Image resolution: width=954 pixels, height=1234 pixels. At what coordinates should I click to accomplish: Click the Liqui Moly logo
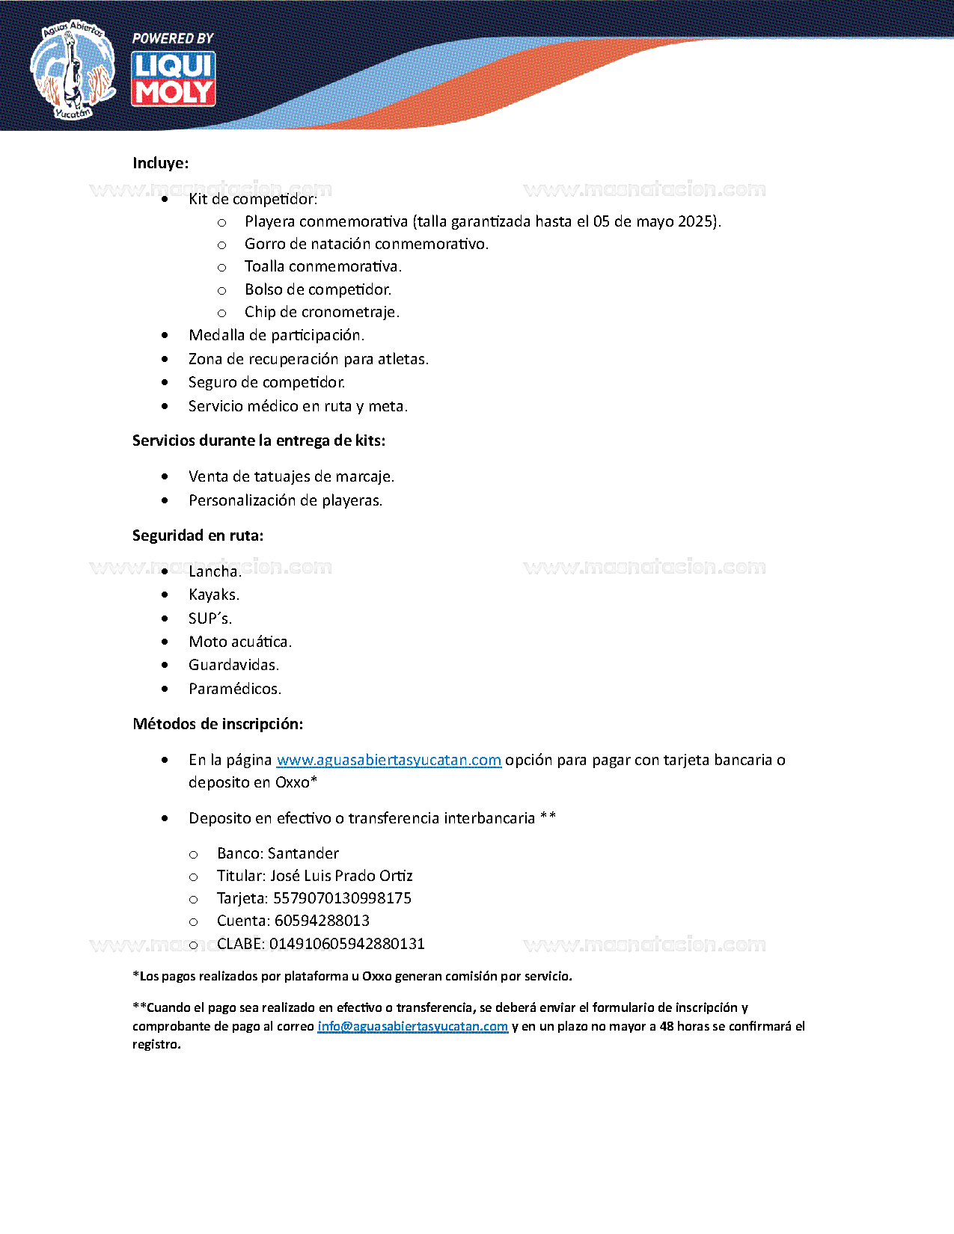174,79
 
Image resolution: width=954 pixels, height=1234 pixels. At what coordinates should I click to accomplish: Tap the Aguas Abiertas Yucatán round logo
73,70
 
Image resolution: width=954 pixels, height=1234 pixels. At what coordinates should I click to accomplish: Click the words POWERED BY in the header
173,38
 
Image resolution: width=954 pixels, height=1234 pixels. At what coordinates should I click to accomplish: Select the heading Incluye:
160,163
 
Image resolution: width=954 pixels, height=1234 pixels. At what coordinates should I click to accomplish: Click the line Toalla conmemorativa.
322,266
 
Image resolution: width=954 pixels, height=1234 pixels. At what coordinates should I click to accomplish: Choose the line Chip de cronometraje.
322,312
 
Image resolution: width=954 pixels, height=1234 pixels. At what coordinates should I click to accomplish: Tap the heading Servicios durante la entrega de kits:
259,441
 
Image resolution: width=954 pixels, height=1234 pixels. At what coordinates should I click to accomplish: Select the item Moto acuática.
239,642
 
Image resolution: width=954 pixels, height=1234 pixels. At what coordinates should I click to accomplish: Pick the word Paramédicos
234,689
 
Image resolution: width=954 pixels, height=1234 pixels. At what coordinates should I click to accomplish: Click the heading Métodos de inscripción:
218,724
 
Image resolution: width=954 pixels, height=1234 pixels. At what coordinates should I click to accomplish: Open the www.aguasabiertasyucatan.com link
388,760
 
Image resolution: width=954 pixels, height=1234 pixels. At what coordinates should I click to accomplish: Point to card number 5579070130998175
342,898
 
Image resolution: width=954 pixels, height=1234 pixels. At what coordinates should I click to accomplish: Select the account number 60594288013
322,921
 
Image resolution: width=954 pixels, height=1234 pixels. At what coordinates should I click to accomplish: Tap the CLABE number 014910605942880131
346,944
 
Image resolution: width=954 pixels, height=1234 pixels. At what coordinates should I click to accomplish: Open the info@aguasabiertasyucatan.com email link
412,1026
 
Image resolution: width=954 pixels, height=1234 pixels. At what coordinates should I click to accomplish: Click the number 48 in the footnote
667,1026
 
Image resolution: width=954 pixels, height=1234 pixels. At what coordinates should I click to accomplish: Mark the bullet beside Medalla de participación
165,336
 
